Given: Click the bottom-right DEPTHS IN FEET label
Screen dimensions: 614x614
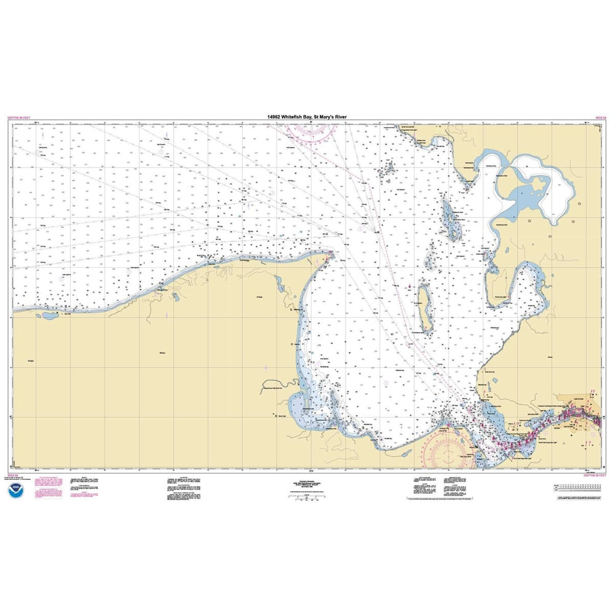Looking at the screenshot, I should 594,475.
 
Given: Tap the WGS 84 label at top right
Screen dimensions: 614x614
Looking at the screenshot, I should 600,117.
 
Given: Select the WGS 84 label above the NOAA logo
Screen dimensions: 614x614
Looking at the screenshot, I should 14,475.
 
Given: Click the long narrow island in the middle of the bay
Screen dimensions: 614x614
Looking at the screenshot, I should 424,306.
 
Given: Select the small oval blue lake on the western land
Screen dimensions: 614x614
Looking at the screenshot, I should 47,316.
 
